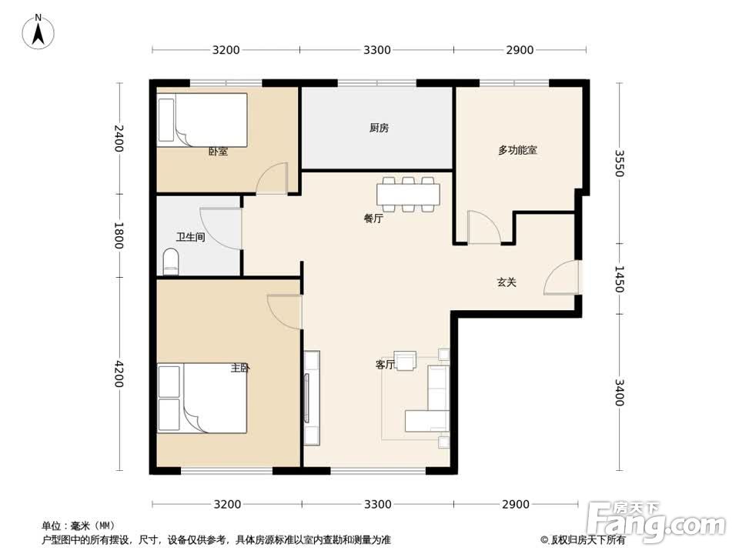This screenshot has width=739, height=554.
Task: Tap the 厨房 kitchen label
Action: click(x=379, y=128)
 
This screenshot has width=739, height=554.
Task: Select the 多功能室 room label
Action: click(x=517, y=150)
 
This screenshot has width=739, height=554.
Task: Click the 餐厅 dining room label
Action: click(x=373, y=219)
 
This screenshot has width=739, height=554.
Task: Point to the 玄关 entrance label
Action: click(x=506, y=282)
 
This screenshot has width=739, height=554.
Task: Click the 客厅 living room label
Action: click(x=385, y=365)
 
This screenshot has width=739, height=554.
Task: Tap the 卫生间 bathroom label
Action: click(x=190, y=238)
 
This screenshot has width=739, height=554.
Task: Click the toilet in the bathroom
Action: click(x=171, y=262)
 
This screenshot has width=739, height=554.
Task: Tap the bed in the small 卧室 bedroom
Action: click(x=202, y=119)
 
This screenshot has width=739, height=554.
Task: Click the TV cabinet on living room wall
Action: click(x=311, y=398)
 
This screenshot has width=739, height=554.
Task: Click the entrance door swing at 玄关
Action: click(x=561, y=279)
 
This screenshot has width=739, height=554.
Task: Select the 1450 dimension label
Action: click(x=620, y=278)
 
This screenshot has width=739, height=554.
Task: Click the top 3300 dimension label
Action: click(x=377, y=51)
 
